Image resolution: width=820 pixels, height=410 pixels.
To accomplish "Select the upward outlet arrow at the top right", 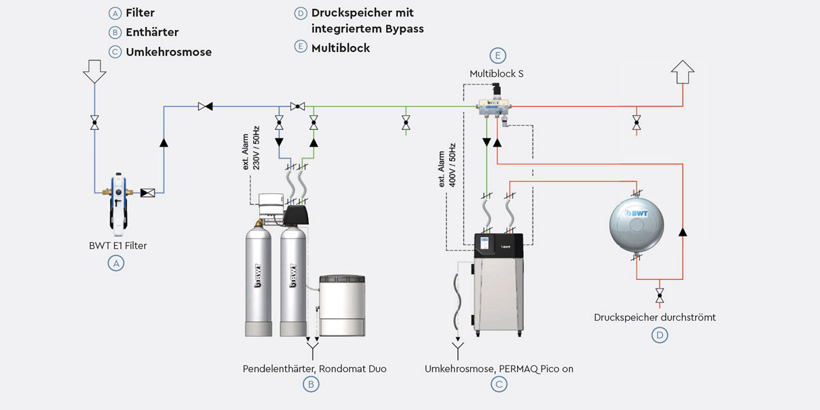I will (x=683, y=72).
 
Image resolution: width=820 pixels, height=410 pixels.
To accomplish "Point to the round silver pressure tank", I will (x=636, y=222).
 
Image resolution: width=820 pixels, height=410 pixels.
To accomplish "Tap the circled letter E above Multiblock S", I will (x=497, y=55).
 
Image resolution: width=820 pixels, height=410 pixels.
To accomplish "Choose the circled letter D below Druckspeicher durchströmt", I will (x=659, y=334).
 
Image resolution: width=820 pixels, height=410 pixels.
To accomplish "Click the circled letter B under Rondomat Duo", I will (x=311, y=384).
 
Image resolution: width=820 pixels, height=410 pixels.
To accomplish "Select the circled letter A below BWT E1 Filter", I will (x=115, y=263).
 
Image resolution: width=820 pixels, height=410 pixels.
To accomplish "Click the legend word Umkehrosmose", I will (x=168, y=52).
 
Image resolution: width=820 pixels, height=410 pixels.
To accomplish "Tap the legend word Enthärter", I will (x=152, y=32).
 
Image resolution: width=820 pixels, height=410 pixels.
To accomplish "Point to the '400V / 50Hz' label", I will (x=452, y=165).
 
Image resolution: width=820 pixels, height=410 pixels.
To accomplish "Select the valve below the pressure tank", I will (x=659, y=296).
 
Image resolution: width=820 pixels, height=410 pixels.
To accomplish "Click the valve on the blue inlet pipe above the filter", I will (x=94, y=122).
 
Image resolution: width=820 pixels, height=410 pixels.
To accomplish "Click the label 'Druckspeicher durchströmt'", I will (x=655, y=317).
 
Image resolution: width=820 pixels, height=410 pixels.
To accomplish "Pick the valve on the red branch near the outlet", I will (x=636, y=121).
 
